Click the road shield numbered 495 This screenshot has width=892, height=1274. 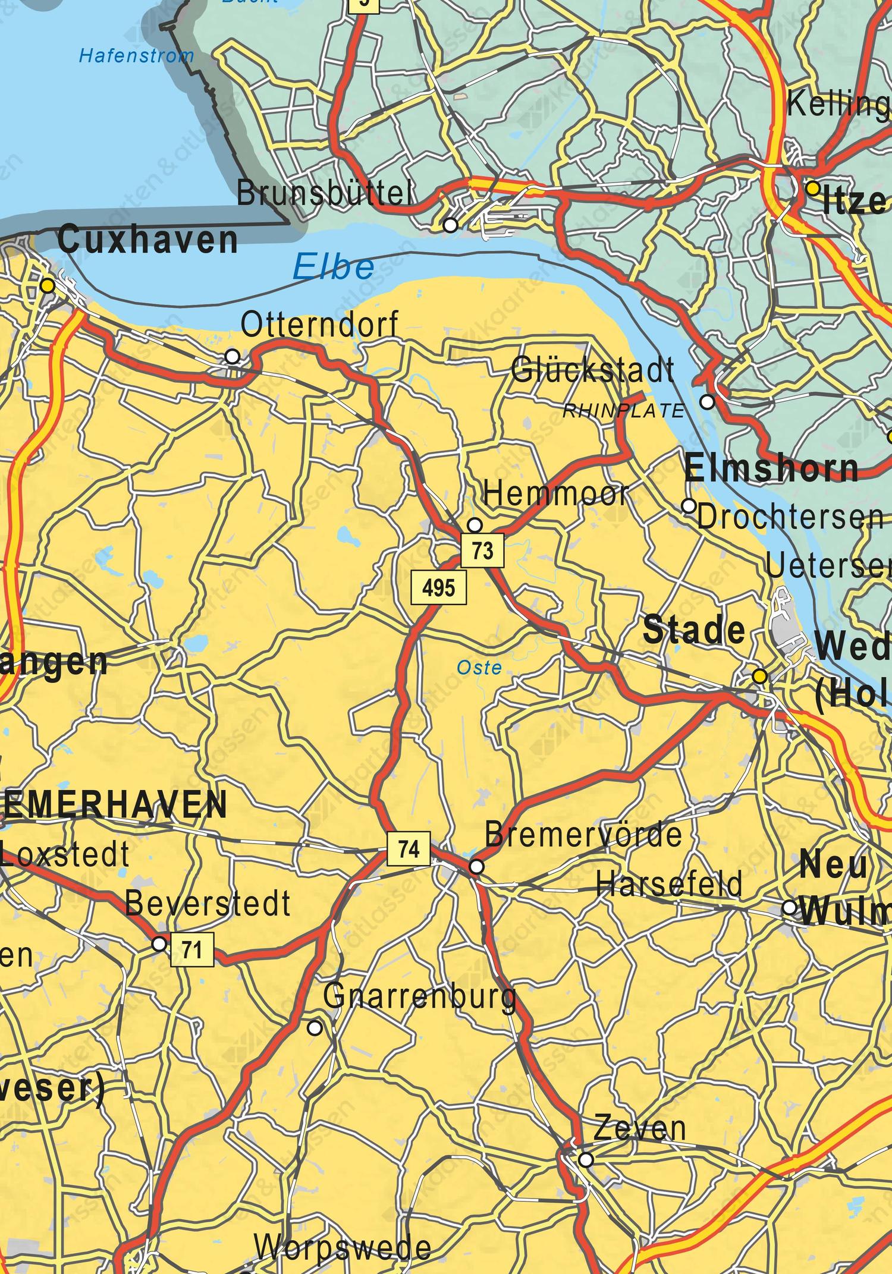pos(440,588)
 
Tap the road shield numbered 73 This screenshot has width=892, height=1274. pos(482,551)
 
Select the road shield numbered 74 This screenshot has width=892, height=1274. pos(409,849)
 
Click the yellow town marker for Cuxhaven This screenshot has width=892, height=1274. pos(48,287)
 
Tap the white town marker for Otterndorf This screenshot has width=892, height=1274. pos(233,356)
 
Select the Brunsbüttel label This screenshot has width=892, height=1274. pos(325,193)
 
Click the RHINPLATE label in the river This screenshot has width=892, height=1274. pos(624,411)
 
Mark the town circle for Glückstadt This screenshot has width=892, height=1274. pos(707,402)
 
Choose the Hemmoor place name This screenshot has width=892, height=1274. pos(556,494)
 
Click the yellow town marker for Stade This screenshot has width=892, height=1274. pos(759,676)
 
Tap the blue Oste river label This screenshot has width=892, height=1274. pos(479,668)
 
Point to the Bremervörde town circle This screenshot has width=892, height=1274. pos(476,867)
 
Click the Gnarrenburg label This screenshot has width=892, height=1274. pos(420,996)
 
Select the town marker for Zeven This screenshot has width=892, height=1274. pos(586,1159)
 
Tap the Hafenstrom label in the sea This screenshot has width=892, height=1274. pos(137,56)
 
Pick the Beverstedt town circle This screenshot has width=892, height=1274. pos(159,943)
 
